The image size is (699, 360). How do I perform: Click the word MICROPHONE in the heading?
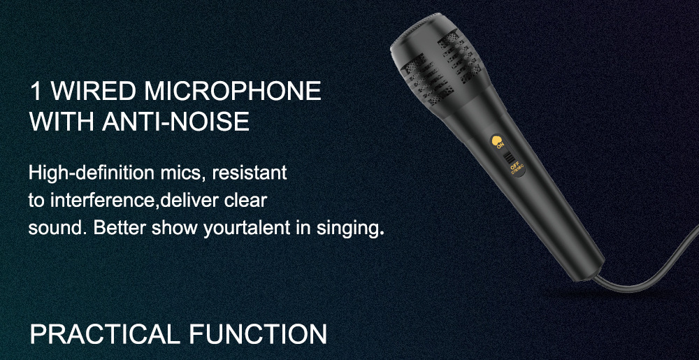pos(232,91)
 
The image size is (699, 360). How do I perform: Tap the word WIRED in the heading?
pos(93,91)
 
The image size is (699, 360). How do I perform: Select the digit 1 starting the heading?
pos(35,91)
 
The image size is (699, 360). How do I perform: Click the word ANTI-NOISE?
pos(175,121)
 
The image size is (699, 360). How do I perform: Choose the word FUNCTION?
pos(258,334)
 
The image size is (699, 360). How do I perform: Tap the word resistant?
pos(250,173)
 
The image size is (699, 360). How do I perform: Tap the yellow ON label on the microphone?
pos(500,145)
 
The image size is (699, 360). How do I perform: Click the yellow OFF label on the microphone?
pos(514,168)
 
